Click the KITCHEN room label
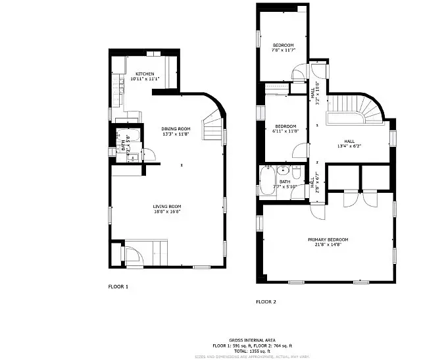(x=145, y=74)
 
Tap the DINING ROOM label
(x=176, y=129)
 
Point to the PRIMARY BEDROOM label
(x=328, y=240)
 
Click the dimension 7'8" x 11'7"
(x=284, y=50)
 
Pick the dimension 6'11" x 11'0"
(x=285, y=132)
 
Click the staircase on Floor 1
(x=212, y=126)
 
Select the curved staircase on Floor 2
(x=359, y=109)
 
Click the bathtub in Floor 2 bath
(x=268, y=180)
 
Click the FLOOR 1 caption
(x=118, y=287)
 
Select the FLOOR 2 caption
(x=266, y=302)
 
